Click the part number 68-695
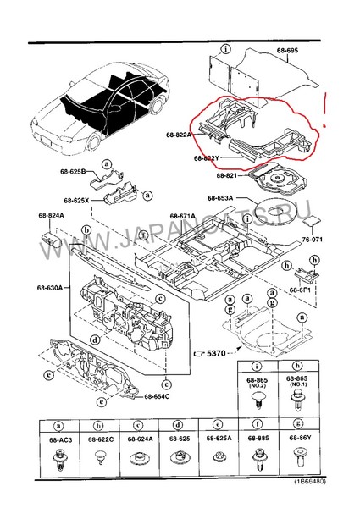pos(287,51)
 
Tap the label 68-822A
pos(180,135)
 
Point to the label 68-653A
pos(222,199)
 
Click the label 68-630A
pos(49,288)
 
